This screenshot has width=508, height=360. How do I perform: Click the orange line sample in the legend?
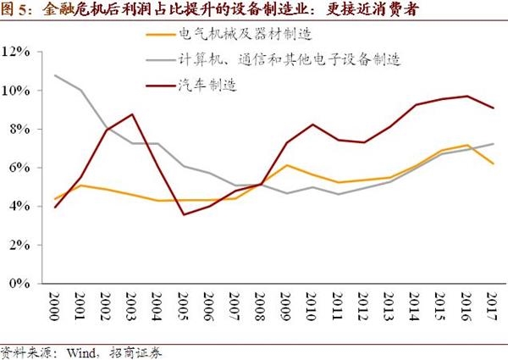[x=158, y=35]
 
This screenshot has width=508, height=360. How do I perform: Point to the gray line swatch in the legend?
[x=158, y=60]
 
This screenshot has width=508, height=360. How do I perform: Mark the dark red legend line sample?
[x=158, y=86]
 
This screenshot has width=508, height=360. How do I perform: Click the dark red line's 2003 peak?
[x=131, y=114]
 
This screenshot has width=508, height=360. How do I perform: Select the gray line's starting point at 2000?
[x=55, y=75]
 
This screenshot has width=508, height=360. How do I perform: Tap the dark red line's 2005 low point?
[x=183, y=214]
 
